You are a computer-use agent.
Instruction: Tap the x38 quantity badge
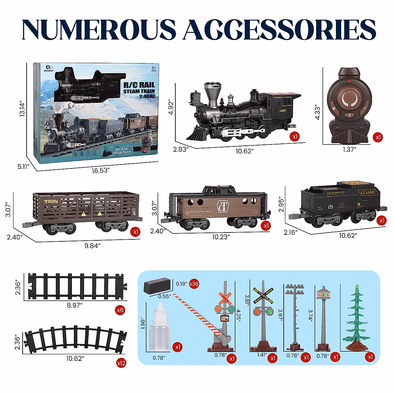coord(194,284)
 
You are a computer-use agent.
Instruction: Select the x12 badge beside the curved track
coord(121,363)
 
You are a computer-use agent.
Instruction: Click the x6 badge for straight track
coord(120,310)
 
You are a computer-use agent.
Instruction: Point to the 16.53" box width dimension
coord(100,170)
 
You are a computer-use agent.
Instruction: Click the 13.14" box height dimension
coord(22,109)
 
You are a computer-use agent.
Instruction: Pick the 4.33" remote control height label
coord(317,112)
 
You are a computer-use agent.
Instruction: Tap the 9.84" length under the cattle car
coord(92,246)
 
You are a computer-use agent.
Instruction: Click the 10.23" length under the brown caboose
coord(221,237)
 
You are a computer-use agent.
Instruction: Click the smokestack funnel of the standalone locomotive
coord(211,91)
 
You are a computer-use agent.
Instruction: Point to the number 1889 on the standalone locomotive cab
coord(282,111)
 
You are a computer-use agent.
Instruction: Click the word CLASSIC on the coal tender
coord(368,192)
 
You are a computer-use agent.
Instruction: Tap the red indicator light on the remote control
coord(351,81)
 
